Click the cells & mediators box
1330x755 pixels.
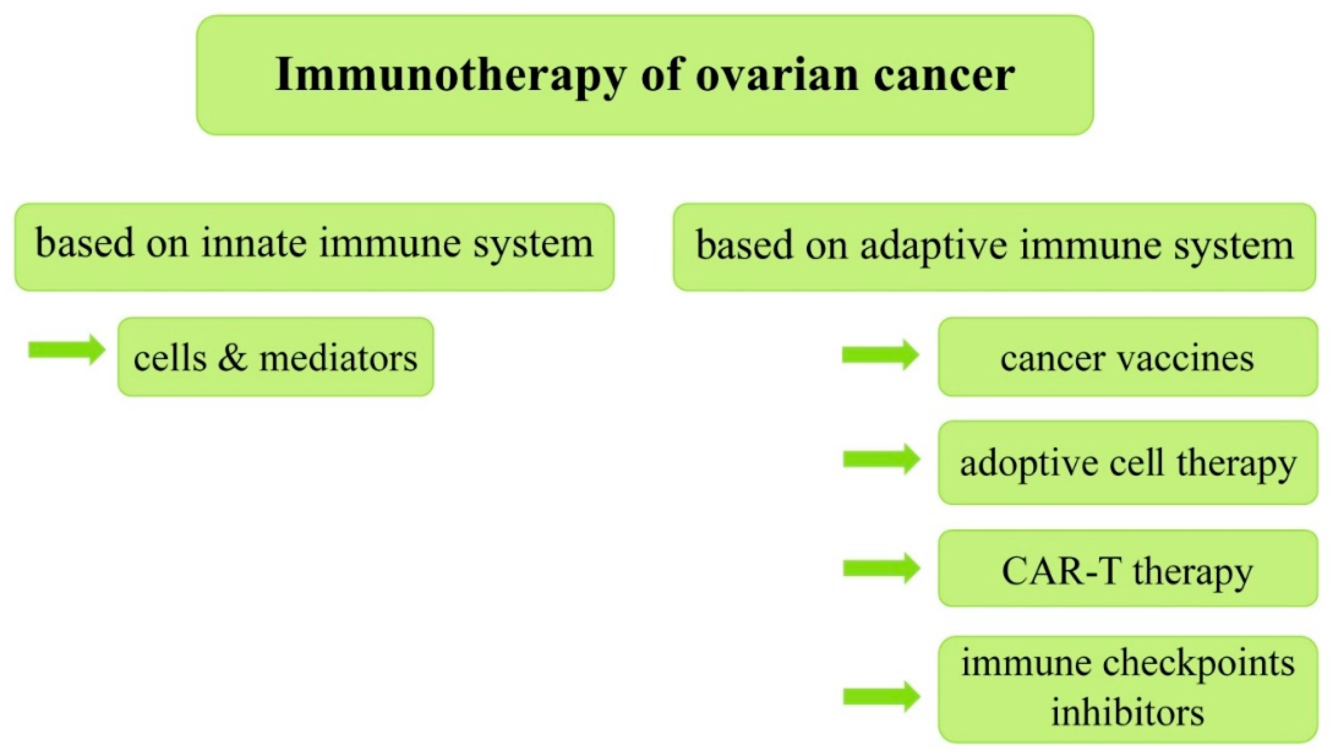point(276,357)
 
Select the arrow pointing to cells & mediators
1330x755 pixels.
point(67,349)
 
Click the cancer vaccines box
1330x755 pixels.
point(1128,357)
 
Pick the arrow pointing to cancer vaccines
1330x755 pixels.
point(880,355)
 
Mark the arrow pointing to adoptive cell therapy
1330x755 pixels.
point(882,459)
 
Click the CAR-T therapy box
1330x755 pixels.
point(1128,568)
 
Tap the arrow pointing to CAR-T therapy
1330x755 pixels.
point(882,568)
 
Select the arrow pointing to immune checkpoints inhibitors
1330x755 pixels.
point(882,697)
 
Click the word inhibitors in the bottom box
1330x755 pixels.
point(1127,712)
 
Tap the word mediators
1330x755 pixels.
point(338,358)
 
